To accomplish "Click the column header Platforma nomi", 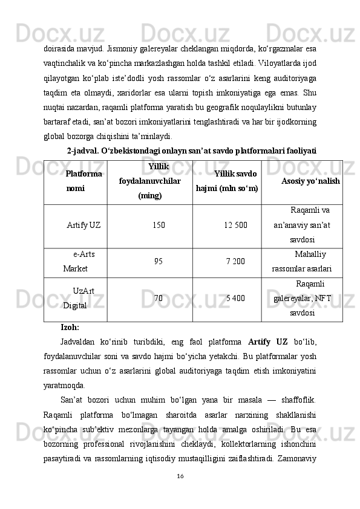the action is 83,181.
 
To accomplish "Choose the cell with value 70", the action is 158,298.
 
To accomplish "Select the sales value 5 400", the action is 235,298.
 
